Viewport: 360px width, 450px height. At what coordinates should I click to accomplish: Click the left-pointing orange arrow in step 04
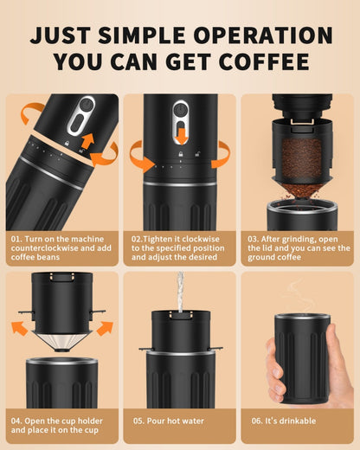tap(18, 328)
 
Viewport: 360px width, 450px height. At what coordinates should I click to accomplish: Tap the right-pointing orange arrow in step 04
tap(104, 328)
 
